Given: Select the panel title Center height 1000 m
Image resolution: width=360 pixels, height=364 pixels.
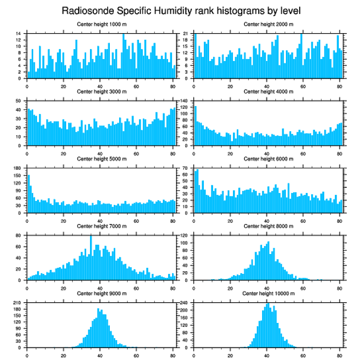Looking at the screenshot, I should click(x=101, y=24).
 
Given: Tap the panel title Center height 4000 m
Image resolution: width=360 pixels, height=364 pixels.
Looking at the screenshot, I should click(x=268, y=91).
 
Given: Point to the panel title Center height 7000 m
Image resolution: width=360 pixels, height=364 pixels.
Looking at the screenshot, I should click(x=101, y=226).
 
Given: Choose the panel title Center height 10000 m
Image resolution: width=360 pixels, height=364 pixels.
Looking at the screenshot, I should click(x=268, y=293).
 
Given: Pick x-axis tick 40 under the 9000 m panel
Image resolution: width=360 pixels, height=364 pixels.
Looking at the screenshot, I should click(x=100, y=354).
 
